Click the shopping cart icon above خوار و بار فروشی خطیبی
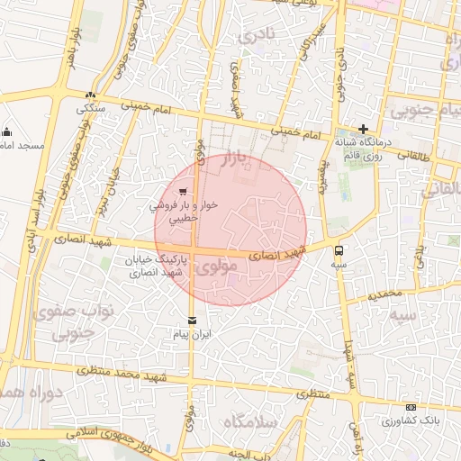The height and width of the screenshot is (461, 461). [x=184, y=191]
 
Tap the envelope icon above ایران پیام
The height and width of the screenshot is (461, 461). [x=191, y=321]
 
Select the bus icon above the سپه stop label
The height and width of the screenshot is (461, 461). [x=339, y=251]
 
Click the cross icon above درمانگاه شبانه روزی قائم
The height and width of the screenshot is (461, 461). [x=363, y=129]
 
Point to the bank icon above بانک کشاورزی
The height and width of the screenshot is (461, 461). [x=411, y=408]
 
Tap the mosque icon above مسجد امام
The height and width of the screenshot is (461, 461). [x=7, y=131]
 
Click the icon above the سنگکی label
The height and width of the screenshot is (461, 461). [x=89, y=95]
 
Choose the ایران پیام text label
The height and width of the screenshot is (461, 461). [x=191, y=334]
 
